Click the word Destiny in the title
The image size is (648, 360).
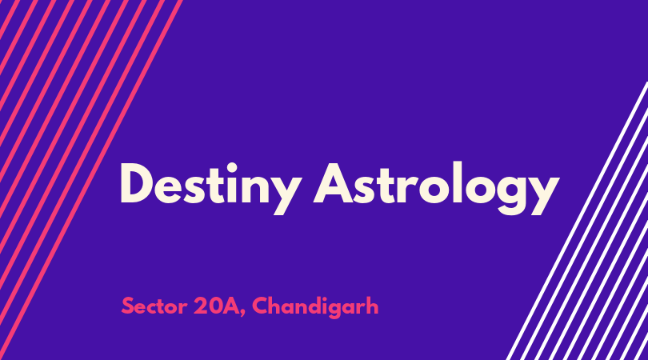coord(210,188)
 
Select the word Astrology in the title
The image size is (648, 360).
coord(437,188)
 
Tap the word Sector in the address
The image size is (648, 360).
coord(154,306)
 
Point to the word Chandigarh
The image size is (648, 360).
coord(315,306)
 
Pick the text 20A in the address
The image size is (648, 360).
coord(216,306)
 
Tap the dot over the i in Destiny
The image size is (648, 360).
coord(232,168)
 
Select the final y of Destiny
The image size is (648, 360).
coord(285,195)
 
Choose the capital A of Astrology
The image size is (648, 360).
coord(334,183)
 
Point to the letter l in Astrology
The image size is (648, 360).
coord(457,182)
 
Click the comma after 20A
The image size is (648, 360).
coord(242,314)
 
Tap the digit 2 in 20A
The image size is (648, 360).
coord(200,306)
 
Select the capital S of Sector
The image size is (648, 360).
coord(128,306)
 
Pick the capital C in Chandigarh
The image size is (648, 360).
coord(260,306)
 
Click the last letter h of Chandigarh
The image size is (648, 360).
coord(373,305)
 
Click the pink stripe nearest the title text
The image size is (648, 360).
coord(90,180)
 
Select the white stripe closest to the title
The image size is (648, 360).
coord(578,221)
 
